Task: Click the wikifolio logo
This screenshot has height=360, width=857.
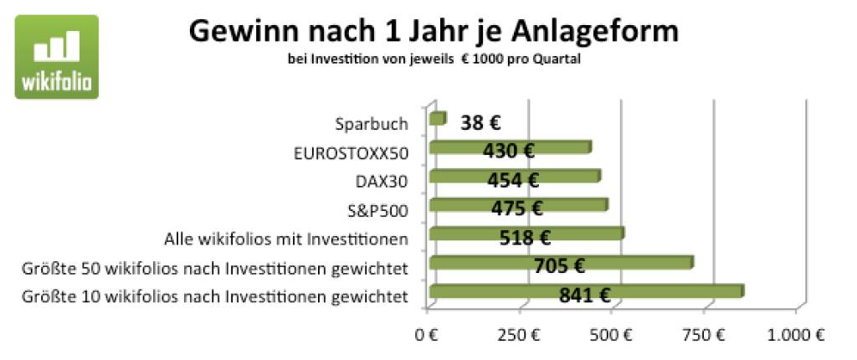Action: pos(56,57)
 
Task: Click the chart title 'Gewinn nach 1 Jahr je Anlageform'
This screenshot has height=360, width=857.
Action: pos(433,31)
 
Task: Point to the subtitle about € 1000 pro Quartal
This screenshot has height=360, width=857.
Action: pos(433,59)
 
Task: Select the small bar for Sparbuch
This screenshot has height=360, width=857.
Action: pos(438,120)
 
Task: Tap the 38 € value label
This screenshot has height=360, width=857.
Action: pos(480,124)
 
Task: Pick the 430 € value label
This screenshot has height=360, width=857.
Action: pos(508,152)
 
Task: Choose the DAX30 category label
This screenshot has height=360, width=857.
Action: pos(382,181)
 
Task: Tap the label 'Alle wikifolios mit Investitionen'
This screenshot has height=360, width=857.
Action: pos(286,239)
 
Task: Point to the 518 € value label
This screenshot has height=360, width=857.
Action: pos(524,238)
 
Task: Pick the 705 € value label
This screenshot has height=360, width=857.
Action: pos(559,266)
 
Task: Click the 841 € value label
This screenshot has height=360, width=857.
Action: pos(584,296)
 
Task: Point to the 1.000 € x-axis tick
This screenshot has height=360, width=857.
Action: pos(795,337)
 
